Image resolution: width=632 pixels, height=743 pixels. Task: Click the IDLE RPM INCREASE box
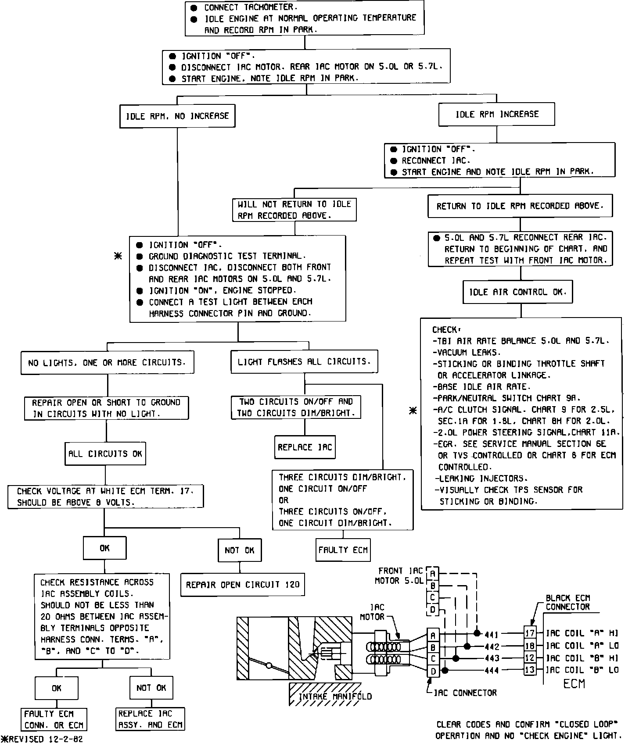coord(496,114)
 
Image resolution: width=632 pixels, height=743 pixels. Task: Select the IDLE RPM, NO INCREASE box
coord(177,116)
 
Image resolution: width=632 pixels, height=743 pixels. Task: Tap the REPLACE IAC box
coord(305,447)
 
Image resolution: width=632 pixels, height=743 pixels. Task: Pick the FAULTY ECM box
coord(343,550)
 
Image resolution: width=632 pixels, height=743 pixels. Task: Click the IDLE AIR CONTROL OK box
coord(517,292)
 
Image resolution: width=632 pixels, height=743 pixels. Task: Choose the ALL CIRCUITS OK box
coord(105,454)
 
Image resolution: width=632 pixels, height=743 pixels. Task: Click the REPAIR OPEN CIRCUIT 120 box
coord(242,584)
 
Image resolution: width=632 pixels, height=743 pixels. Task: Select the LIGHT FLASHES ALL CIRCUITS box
coord(304,362)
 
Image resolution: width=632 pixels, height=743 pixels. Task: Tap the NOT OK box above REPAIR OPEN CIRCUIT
coord(240,550)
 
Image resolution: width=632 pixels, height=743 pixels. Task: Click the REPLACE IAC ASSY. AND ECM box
coord(151,719)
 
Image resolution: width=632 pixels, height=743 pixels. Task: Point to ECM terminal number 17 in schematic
coord(530,633)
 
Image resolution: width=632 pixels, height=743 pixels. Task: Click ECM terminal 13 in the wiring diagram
coord(530,670)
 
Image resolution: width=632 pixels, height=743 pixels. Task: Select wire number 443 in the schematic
coord(492,658)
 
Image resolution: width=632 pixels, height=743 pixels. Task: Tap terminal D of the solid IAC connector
coord(433,671)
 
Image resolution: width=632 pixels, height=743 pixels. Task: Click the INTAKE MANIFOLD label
coord(335,697)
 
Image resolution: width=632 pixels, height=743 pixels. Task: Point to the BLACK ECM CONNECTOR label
coord(567,602)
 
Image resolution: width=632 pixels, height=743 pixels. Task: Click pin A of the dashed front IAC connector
coord(433,573)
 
